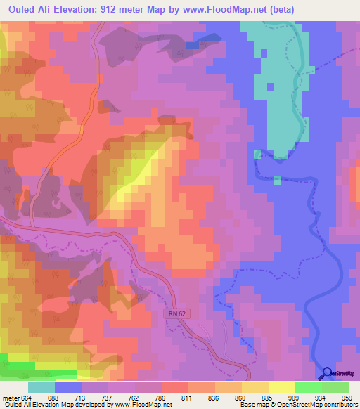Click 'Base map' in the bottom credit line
(252, 405)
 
